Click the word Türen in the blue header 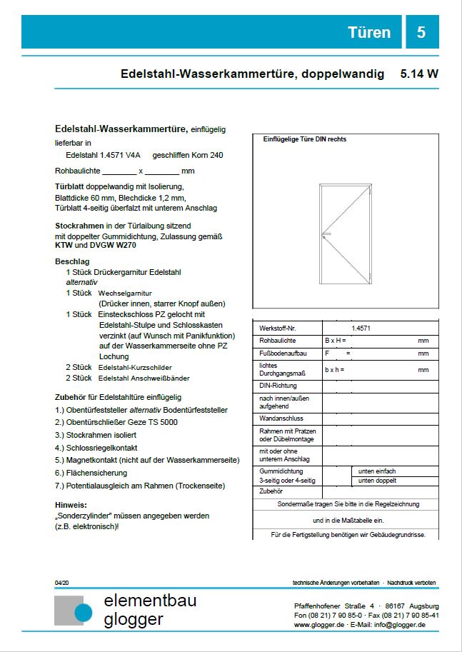click(369, 32)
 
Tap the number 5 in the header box click(421, 32)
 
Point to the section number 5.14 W click(419, 74)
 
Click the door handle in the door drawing click(326, 234)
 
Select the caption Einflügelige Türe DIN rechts click(305, 139)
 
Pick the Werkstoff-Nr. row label click(277, 328)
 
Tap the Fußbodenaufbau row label click(282, 353)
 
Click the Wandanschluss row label click(280, 417)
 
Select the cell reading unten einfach click(377, 471)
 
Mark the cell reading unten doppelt click(377, 481)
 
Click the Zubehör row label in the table click(271, 491)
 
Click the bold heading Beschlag click(72, 261)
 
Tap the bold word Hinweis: click(71, 504)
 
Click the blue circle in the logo click(84, 613)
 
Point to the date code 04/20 click(61, 583)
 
